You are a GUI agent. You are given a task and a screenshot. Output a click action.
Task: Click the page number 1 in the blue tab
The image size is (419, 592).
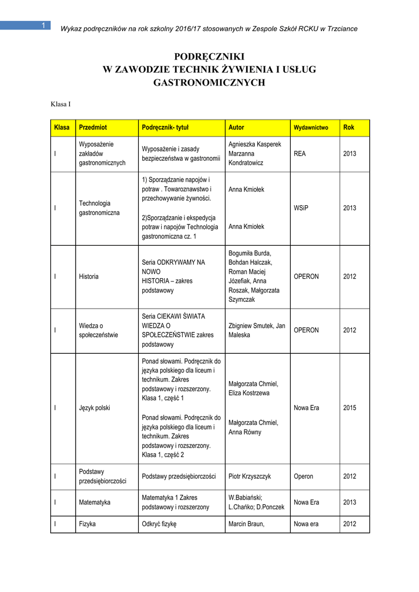(x=44, y=25)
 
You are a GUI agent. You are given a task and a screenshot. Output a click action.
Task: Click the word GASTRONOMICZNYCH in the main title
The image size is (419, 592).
(x=209, y=83)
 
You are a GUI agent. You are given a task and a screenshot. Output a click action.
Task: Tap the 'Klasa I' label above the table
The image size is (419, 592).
(x=61, y=105)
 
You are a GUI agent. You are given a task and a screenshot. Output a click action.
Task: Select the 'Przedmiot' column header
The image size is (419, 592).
(x=92, y=127)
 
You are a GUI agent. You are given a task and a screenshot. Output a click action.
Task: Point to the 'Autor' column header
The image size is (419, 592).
(x=236, y=127)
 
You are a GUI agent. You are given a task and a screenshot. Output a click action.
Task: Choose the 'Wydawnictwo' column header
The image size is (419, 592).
(x=311, y=127)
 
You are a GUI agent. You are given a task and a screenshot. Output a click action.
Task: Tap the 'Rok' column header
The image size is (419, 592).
(x=348, y=127)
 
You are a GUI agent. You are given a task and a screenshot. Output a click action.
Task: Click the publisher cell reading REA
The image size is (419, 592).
(x=300, y=154)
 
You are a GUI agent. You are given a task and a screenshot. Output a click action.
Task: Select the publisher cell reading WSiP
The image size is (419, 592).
(x=301, y=208)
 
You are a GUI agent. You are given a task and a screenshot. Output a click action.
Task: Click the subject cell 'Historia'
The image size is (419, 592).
(x=88, y=276)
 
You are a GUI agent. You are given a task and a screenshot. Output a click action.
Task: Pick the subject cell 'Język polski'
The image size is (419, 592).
(x=94, y=408)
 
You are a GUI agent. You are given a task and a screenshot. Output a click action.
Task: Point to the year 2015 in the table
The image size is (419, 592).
(x=350, y=408)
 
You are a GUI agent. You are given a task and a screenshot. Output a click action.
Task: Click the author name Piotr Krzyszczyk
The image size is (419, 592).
(x=250, y=476)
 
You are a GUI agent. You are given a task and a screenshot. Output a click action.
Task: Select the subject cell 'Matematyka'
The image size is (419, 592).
(x=94, y=502)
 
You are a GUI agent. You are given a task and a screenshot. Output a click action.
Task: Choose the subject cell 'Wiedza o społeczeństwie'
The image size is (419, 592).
(x=98, y=330)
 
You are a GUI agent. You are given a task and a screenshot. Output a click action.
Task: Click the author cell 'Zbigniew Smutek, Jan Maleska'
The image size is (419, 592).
(x=257, y=330)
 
